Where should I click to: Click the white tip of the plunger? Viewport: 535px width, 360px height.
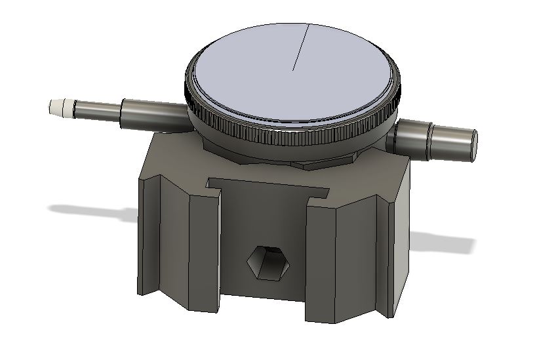pos(60,107)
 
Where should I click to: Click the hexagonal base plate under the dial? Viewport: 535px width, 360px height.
pos(308,161)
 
